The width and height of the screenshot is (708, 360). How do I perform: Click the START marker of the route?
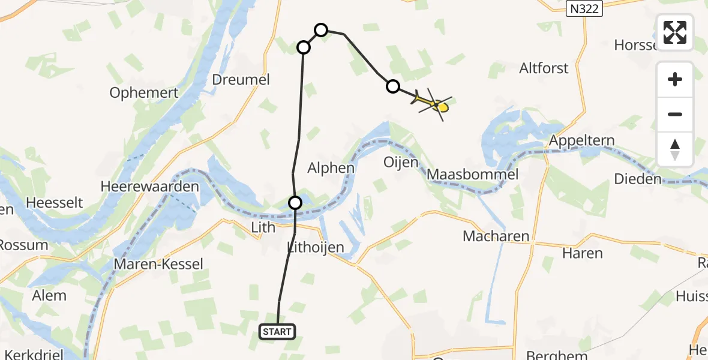(x=277, y=331)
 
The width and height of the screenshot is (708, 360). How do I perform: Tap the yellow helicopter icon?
(x=433, y=105)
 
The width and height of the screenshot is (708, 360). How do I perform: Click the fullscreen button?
(x=675, y=32)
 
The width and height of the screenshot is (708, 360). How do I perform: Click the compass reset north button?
(x=675, y=149)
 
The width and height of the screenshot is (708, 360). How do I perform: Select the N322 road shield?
(x=584, y=8)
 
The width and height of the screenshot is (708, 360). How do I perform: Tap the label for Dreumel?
(x=241, y=79)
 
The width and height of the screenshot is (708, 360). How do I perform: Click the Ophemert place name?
(x=144, y=93)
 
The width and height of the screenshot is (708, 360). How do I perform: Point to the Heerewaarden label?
(x=150, y=187)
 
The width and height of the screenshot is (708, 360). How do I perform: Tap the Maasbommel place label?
(x=473, y=175)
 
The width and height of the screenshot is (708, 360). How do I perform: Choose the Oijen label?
(x=401, y=163)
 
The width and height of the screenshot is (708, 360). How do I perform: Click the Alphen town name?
(x=331, y=168)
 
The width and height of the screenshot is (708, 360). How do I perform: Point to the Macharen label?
(x=496, y=236)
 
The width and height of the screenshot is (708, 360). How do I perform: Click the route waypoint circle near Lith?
(x=295, y=203)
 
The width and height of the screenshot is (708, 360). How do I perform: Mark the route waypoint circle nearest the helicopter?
(x=392, y=86)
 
